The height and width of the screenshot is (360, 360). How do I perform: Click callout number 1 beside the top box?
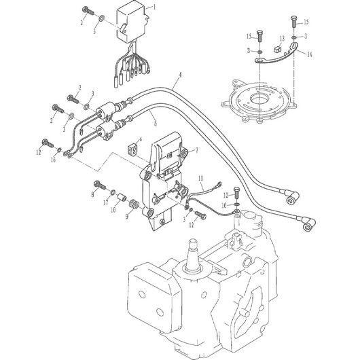[x=154, y=7]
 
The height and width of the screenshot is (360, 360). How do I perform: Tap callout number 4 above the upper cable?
[x=180, y=75]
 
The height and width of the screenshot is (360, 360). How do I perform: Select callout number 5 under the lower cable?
[x=156, y=124]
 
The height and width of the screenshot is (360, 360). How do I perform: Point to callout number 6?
[x=141, y=139]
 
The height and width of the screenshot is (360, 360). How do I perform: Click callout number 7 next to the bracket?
[x=196, y=150]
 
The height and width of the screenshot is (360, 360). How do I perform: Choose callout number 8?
[x=93, y=194]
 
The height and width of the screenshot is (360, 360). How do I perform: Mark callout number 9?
[x=127, y=216]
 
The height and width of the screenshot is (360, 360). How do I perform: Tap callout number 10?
[x=113, y=210]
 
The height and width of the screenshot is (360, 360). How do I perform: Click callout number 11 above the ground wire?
[x=200, y=178]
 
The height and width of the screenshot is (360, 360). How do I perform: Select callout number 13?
[x=282, y=38]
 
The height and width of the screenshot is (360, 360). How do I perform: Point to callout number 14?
[x=310, y=54]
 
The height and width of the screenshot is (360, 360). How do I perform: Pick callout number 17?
[x=105, y=202]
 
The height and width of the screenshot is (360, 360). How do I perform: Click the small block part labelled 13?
[x=278, y=49]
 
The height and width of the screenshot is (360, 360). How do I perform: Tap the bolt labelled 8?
[x=100, y=185]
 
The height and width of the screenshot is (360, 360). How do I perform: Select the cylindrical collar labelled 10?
[x=122, y=197]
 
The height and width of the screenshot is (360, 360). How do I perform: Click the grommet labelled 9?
[x=134, y=204]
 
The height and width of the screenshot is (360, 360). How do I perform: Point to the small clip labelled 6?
[x=132, y=149]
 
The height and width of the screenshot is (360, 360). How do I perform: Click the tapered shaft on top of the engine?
[x=192, y=254]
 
